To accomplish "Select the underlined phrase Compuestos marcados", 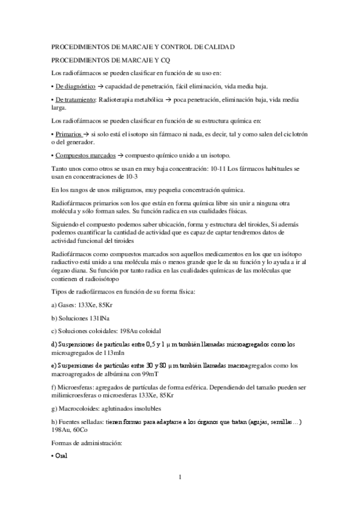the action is (82, 155).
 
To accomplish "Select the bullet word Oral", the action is (60, 456).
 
